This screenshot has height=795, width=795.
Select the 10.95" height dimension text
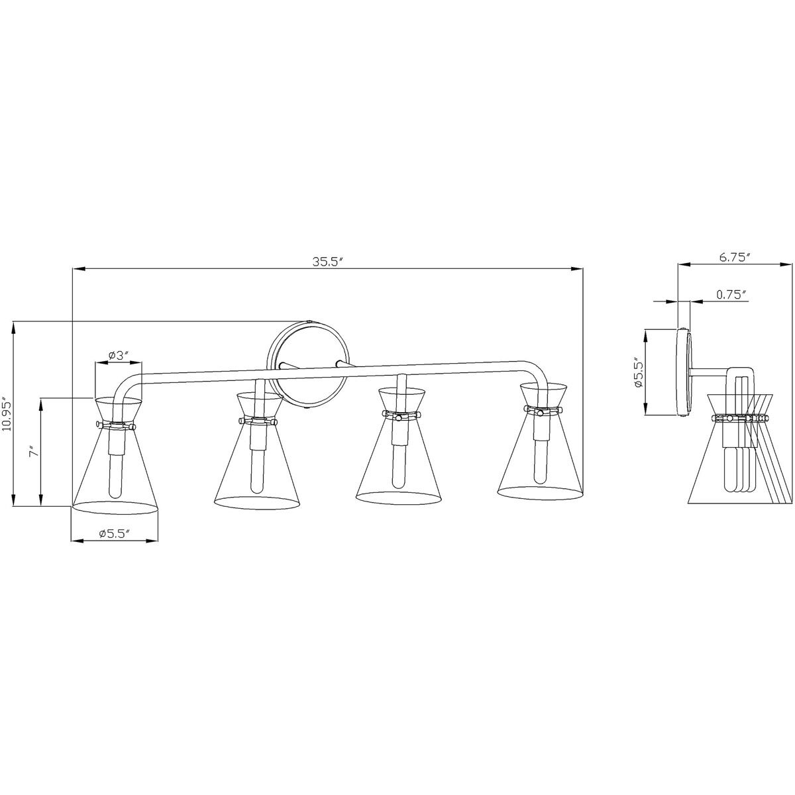[x=7, y=414]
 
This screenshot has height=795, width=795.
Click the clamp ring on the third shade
[x=400, y=415]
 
